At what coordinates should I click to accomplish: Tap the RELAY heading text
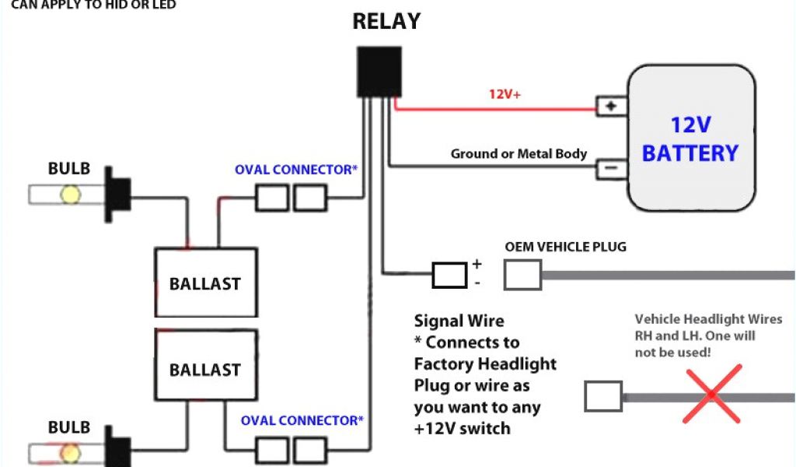tap(386, 21)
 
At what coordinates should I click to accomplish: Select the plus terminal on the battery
tap(612, 107)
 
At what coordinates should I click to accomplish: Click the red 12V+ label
tap(504, 94)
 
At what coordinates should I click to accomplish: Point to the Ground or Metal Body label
tap(518, 153)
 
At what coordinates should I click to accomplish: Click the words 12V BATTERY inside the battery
tap(690, 139)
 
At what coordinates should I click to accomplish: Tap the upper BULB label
tap(69, 169)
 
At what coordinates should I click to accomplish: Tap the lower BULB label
tap(69, 427)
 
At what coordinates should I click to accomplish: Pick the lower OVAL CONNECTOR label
tap(302, 420)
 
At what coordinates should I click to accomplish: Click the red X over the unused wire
tap(712, 395)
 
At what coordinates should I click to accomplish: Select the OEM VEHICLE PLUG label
tap(566, 247)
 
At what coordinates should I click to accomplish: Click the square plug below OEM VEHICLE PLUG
tap(522, 275)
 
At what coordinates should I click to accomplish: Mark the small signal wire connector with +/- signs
tap(450, 274)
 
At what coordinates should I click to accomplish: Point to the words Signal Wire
tap(459, 321)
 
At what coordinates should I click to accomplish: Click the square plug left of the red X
tap(603, 395)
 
